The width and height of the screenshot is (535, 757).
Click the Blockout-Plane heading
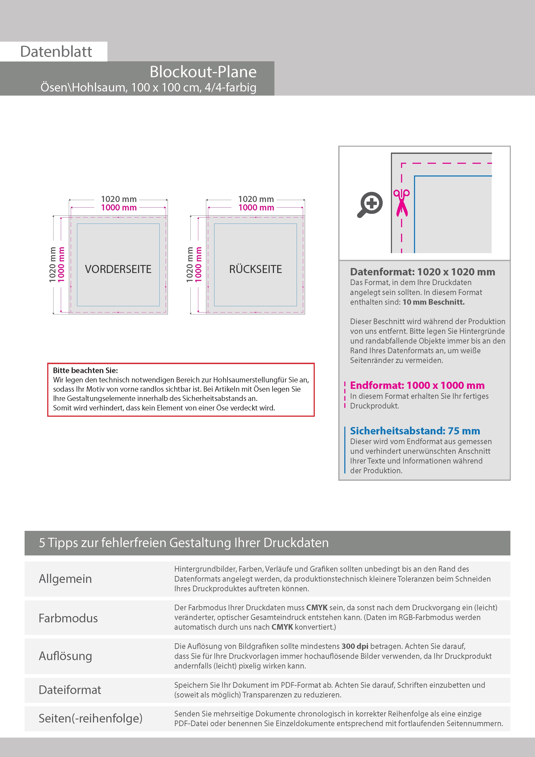click(203, 72)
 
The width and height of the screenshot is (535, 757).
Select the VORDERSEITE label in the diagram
click(118, 269)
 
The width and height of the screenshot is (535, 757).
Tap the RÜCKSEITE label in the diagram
click(255, 269)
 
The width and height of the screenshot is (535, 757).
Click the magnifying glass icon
click(370, 204)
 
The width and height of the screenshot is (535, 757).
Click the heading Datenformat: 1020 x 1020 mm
click(422, 272)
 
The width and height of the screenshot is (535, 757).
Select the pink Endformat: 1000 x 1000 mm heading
click(417, 385)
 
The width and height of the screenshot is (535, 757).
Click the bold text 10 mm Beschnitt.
click(433, 302)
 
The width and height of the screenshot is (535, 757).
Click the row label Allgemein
click(65, 579)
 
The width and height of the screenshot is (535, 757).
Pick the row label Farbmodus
click(68, 618)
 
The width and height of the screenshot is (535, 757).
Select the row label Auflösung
click(65, 656)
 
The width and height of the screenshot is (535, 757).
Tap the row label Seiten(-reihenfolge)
click(90, 718)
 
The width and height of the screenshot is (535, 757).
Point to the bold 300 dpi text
click(355, 646)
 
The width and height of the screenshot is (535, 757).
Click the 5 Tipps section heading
click(184, 543)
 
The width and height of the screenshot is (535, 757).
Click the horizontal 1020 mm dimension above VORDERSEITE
click(119, 199)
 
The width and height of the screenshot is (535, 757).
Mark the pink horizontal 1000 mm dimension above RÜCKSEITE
click(256, 208)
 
